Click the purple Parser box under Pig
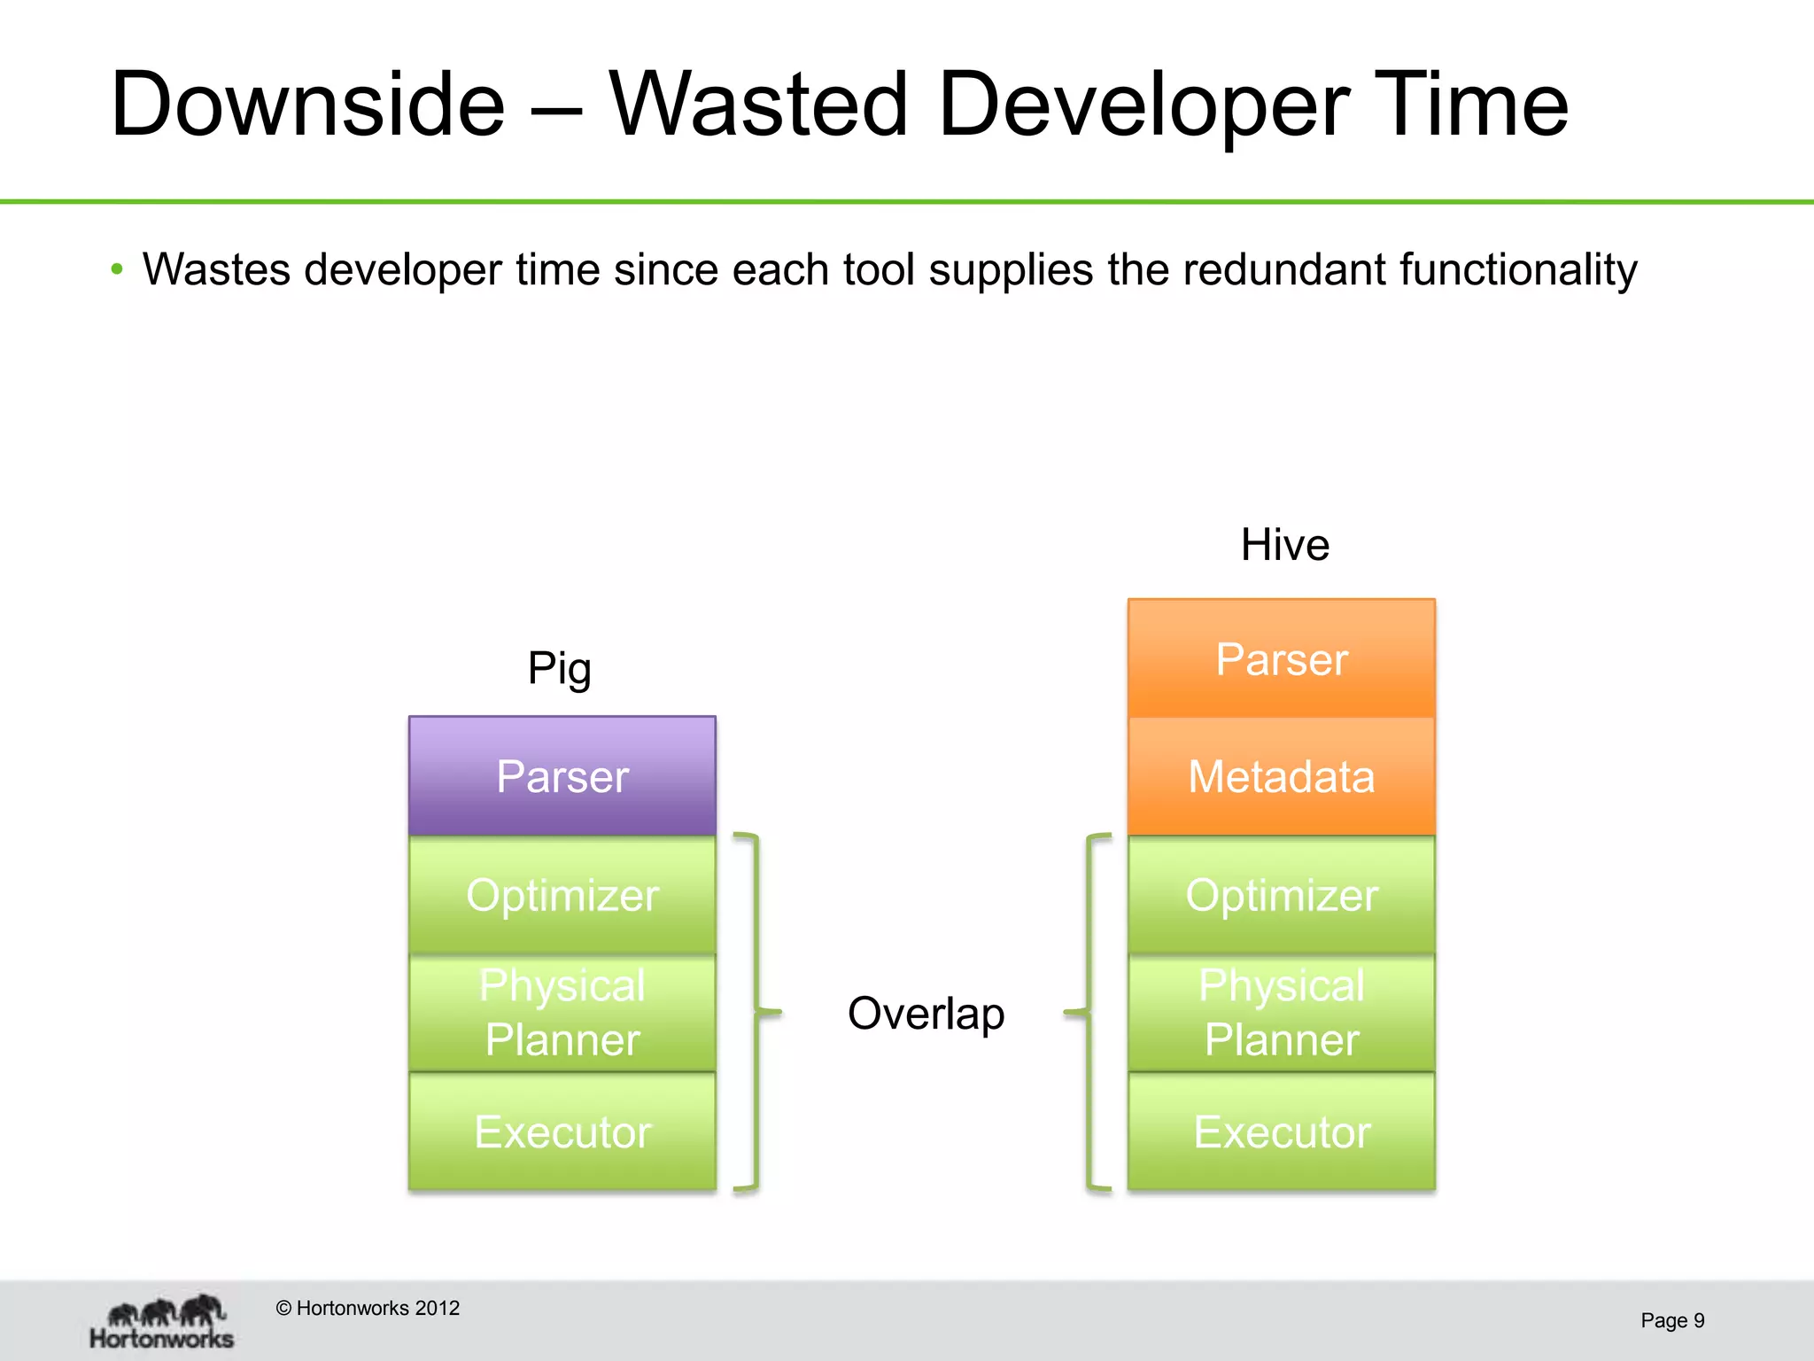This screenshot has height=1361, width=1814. [x=562, y=775]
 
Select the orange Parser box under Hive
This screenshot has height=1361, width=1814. [x=1281, y=658]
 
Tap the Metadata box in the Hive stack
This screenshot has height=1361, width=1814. [x=1281, y=776]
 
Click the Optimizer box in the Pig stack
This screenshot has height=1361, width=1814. [x=562, y=894]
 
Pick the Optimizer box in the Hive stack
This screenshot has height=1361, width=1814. [x=1281, y=894]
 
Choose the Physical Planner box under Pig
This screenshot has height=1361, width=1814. [x=562, y=1012]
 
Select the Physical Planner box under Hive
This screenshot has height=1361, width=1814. [x=1281, y=1012]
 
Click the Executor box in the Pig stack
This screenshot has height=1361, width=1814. [x=562, y=1131]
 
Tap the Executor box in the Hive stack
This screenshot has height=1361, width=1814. [x=1281, y=1131]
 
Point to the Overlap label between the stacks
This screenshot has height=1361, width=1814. [x=926, y=1013]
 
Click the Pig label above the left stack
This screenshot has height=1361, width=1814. [x=559, y=668]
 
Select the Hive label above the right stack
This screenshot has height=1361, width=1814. [x=1284, y=544]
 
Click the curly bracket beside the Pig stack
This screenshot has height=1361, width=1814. [x=756, y=1010]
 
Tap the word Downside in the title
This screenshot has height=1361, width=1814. [x=307, y=105]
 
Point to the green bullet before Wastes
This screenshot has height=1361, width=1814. [x=117, y=269]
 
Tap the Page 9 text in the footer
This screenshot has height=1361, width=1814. [x=1671, y=1320]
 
